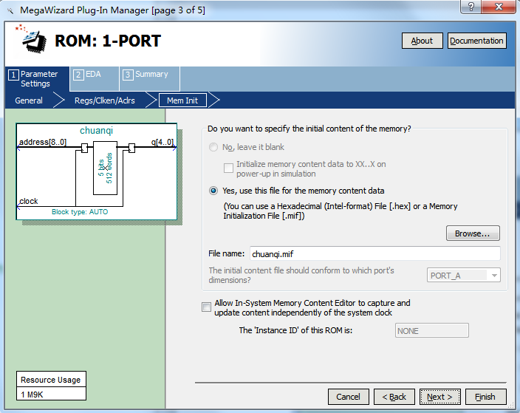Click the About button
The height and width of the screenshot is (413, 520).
[422, 41]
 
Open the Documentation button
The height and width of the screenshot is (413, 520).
[476, 41]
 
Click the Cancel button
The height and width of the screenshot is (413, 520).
[348, 397]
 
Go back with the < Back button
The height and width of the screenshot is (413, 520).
[394, 397]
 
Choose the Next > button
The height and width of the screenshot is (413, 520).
[439, 397]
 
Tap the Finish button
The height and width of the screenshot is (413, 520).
[485, 397]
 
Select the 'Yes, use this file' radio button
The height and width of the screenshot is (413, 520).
[213, 191]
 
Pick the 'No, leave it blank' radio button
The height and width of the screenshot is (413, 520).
[213, 147]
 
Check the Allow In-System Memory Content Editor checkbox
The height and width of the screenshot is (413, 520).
[206, 307]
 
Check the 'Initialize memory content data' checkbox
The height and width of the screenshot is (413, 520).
[228, 168]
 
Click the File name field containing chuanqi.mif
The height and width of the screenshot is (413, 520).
[374, 254]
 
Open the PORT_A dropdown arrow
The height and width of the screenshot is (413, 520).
[494, 276]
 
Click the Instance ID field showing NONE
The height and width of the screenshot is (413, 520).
[432, 331]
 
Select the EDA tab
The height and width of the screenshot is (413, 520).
[95, 78]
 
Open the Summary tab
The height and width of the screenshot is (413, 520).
[149, 78]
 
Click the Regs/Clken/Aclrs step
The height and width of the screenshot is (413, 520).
[105, 100]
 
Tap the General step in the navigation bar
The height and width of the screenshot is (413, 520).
[29, 100]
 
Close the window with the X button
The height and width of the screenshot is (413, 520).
[499, 7]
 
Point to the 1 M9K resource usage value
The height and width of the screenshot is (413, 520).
[32, 395]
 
